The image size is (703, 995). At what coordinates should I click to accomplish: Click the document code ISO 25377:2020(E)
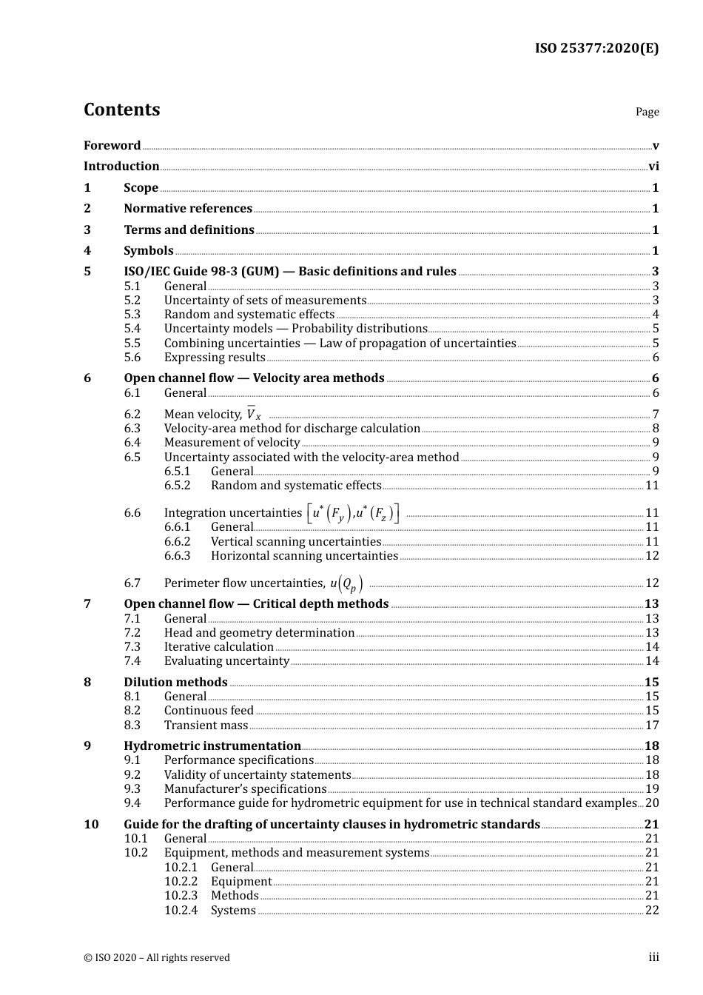(596, 49)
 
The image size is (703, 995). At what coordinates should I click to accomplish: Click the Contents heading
(121, 110)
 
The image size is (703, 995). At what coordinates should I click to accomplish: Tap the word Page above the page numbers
(647, 112)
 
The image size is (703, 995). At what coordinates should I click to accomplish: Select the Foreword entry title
(112, 146)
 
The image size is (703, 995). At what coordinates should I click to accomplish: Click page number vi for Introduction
(653, 167)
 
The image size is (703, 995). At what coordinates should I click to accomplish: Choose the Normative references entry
(188, 209)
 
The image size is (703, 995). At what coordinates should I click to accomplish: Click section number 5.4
(132, 329)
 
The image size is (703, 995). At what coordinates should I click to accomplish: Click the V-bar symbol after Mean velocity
(253, 414)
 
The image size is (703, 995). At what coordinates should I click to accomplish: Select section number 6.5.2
(177, 486)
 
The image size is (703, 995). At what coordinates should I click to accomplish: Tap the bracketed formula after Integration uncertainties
(353, 513)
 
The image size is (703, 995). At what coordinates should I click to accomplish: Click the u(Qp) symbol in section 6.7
(346, 583)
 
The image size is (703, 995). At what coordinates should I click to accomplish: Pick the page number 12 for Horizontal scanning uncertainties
(652, 556)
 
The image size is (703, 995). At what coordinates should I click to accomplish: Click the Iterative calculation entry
(218, 647)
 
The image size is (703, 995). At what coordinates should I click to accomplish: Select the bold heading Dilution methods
(175, 683)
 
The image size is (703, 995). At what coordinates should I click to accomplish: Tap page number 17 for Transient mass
(652, 726)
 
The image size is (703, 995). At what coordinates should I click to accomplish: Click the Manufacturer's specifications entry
(245, 789)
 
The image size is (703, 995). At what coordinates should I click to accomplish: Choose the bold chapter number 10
(91, 825)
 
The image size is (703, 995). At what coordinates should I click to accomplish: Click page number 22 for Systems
(652, 911)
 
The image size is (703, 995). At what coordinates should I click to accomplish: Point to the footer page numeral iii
(653, 957)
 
